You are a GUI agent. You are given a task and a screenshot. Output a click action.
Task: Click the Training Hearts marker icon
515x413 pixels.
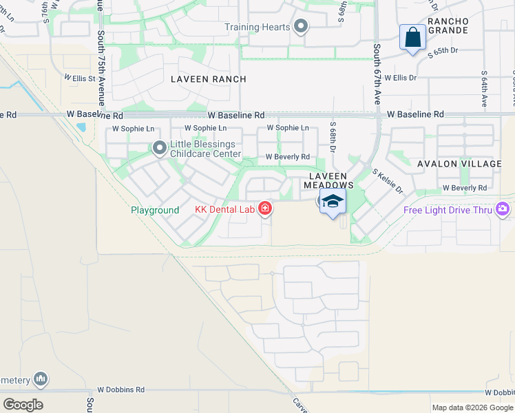tap(300, 27)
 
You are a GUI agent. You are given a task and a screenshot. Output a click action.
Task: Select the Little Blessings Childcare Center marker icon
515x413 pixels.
tap(160, 148)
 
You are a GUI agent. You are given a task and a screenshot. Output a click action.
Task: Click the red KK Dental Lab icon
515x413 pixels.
tap(265, 209)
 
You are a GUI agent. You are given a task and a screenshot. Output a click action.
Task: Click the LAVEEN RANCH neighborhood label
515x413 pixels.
tap(209, 79)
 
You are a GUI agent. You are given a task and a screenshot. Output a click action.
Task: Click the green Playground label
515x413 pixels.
tap(155, 210)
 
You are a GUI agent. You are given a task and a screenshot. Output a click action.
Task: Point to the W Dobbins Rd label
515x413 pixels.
tap(121, 390)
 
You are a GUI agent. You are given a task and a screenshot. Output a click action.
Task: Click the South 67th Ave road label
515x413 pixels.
tap(377, 74)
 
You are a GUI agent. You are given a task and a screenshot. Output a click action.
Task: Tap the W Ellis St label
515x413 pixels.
tap(80, 78)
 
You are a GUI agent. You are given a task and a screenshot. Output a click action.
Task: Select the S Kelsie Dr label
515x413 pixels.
tap(387, 181)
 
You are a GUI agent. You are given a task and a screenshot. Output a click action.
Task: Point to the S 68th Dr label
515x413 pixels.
tap(333, 138)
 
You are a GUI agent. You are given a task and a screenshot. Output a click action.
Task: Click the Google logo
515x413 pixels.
tap(23, 405)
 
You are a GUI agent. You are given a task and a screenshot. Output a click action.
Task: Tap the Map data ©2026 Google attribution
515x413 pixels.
tap(472, 407)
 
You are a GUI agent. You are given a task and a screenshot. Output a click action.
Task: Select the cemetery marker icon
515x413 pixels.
tap(41, 379)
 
